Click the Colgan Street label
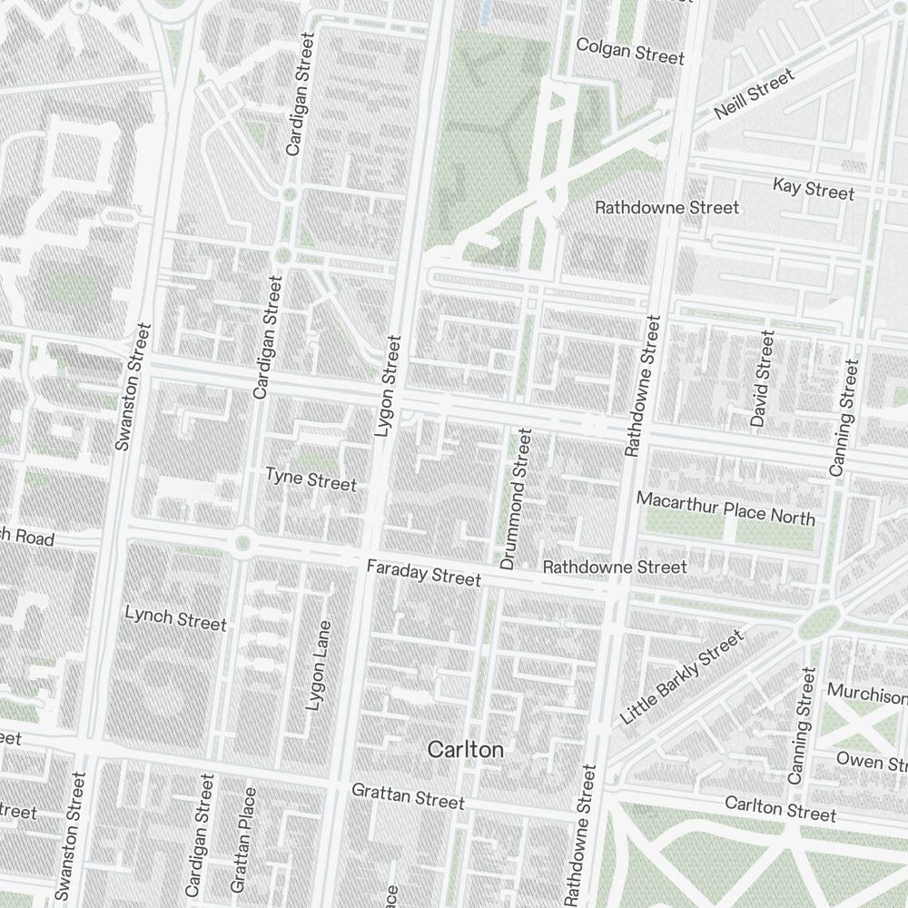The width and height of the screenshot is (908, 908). pyautogui.click(x=630, y=51)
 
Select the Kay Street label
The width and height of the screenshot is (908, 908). pyautogui.click(x=814, y=190)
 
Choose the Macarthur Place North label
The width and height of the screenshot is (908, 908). pyautogui.click(x=725, y=508)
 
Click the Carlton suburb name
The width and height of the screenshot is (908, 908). pyautogui.click(x=465, y=750)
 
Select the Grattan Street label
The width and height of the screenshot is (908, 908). pyautogui.click(x=408, y=797)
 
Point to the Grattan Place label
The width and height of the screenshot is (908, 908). pyautogui.click(x=243, y=839)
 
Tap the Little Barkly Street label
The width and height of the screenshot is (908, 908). pyautogui.click(x=681, y=677)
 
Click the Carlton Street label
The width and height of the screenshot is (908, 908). pyautogui.click(x=780, y=808)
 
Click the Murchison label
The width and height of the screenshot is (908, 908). pyautogui.click(x=866, y=696)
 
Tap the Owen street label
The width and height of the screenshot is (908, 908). pyautogui.click(x=871, y=760)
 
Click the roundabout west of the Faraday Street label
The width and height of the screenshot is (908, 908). pyautogui.click(x=242, y=544)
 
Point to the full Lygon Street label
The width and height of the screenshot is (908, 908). pyautogui.click(x=388, y=388)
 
